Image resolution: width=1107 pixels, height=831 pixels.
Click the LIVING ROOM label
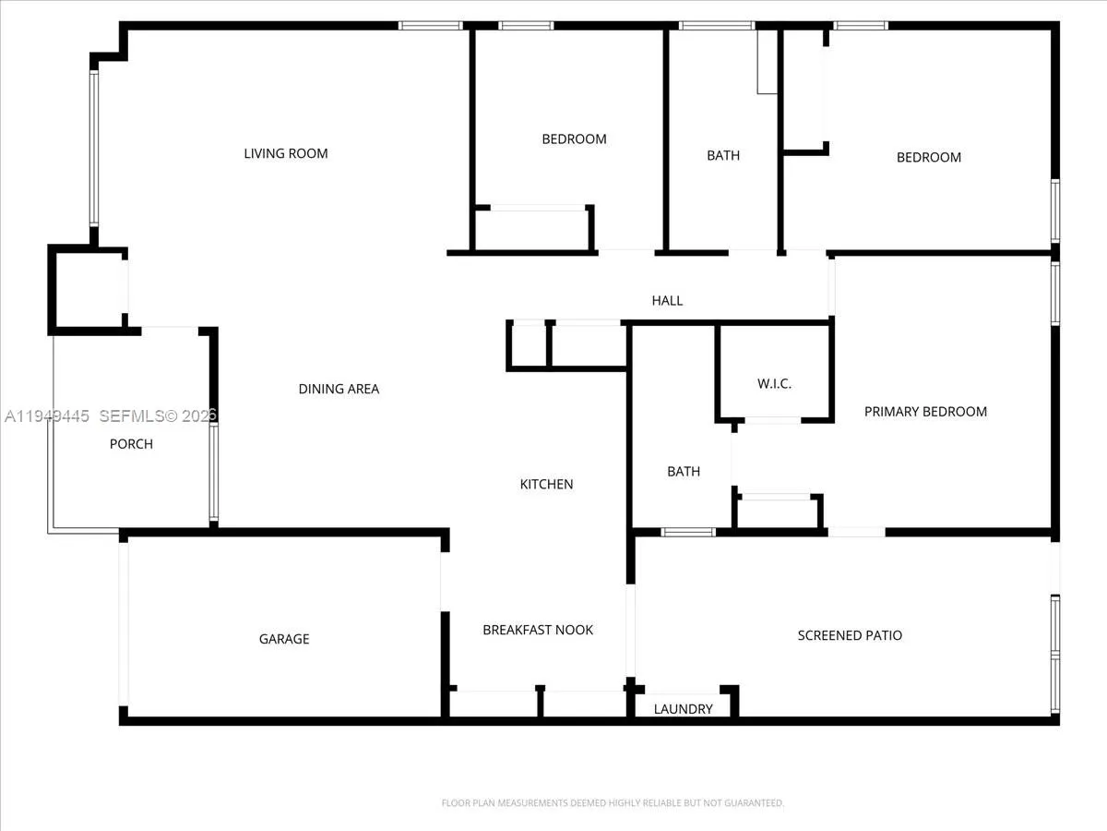tap(285, 153)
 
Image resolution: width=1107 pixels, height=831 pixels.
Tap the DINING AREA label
tap(339, 389)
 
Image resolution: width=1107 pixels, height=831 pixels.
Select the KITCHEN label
tap(546, 484)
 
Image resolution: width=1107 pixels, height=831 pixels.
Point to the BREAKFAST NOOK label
tap(538, 630)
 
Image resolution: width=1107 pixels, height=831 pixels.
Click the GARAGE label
tap(284, 639)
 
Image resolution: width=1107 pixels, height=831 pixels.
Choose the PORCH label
tap(131, 444)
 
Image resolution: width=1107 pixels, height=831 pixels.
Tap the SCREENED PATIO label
tap(850, 635)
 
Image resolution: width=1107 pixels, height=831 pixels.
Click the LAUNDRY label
tap(683, 709)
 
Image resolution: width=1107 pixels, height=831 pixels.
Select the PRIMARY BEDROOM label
tap(925, 412)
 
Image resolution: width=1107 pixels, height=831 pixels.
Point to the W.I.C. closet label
tap(774, 384)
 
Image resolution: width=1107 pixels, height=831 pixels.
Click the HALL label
tap(667, 300)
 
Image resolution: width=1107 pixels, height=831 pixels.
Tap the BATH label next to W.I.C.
tap(684, 471)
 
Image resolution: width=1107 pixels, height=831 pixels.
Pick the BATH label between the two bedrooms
tap(723, 155)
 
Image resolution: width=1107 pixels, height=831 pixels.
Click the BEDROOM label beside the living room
tap(574, 138)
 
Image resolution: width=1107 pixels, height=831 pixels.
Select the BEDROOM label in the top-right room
tap(929, 157)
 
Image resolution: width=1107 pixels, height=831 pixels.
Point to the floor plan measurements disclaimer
tap(613, 803)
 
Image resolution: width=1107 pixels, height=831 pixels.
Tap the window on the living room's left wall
tap(93, 148)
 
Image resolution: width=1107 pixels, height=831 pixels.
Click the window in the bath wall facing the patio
tap(688, 532)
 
